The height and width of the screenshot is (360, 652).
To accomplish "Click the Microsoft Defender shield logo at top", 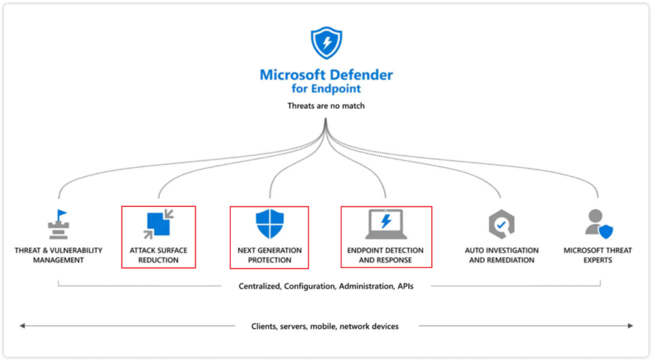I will point(326,43).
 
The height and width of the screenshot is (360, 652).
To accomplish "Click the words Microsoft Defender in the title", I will point(326,75).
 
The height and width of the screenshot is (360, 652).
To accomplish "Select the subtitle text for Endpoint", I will point(326,89).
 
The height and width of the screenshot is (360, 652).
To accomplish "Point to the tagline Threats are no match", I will point(326,106).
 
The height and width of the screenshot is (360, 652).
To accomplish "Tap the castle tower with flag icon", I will point(58,224).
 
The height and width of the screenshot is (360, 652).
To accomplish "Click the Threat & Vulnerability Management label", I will point(58,255).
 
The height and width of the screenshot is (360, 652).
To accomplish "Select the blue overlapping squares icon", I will point(159,224).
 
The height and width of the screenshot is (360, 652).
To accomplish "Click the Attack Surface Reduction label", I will point(159,255).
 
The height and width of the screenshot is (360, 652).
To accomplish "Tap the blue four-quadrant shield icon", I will point(269,224).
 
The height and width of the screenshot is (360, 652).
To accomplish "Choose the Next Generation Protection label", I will point(269,255).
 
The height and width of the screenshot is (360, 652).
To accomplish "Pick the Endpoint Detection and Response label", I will point(386,255).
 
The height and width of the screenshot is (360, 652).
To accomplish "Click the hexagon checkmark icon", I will point(501,224).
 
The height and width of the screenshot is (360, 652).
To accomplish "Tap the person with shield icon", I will point(598,224).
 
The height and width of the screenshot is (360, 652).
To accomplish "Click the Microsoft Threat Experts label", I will point(598,255).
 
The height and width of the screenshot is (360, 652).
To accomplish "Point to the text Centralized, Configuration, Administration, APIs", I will point(326,286).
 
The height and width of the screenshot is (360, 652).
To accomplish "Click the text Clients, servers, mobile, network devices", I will point(325,326).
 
